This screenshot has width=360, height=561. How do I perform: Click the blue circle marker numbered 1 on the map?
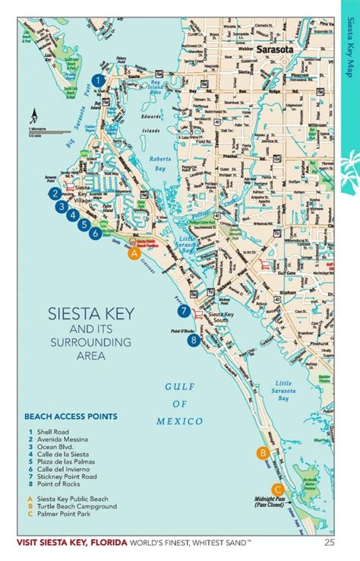(x=97, y=79)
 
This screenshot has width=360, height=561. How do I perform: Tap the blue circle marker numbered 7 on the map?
(x=183, y=311)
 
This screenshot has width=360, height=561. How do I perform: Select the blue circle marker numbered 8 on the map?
(x=194, y=341)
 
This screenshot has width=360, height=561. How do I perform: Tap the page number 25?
(x=329, y=542)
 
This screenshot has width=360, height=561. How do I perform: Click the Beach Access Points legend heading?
(x=70, y=417)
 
